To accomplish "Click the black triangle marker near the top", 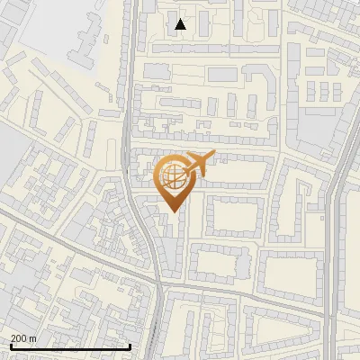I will pos(181,24).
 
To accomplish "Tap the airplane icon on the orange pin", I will pos(197,163).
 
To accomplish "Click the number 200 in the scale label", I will pos(19,338).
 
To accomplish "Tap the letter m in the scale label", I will pos(33,338).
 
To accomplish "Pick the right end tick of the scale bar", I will pos(130,345).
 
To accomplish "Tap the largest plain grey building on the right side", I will pos(314,135).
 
